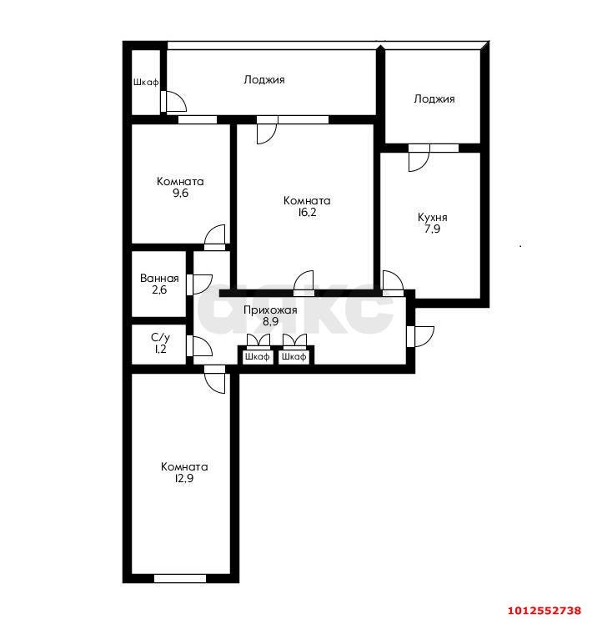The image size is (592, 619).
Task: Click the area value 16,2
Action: click(306, 213)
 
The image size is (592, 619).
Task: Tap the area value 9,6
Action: click(180, 194)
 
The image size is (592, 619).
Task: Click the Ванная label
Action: click(159, 279)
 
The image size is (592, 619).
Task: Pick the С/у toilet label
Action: click(160, 338)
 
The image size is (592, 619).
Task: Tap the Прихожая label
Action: click(270, 310)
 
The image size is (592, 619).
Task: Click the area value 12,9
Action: click(184, 479)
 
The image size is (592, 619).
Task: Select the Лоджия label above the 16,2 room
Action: click(264, 80)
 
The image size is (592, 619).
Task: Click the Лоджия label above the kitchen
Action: click(434, 98)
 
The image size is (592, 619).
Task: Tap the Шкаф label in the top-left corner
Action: click(145, 83)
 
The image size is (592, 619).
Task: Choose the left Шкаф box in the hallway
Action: click(258, 356)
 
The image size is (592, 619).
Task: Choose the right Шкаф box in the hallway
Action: click(293, 356)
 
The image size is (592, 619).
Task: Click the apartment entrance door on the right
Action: click(421, 335)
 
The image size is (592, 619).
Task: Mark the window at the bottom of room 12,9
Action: click(180, 577)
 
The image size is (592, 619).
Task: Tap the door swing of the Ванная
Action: click(201, 284)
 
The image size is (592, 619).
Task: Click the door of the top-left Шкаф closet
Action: click(174, 102)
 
